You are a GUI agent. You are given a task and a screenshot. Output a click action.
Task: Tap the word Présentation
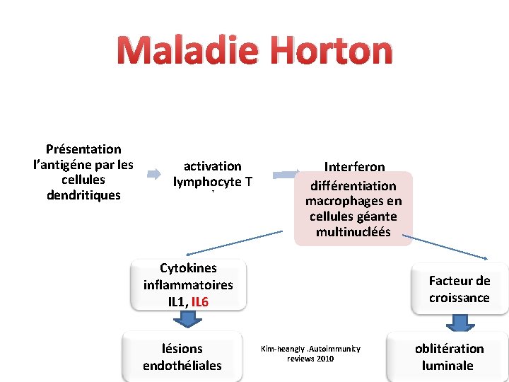click(83, 149)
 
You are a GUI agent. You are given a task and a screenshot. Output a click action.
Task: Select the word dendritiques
click(83, 195)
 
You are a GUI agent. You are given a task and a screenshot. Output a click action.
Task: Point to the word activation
click(212, 166)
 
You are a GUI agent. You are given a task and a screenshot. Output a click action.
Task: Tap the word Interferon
click(354, 167)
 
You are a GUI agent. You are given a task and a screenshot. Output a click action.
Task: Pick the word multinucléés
click(353, 232)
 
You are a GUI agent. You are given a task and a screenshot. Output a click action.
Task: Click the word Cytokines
click(188, 268)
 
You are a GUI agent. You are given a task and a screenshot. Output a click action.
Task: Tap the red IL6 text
click(200, 302)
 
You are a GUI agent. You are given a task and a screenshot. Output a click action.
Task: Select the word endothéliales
click(182, 366)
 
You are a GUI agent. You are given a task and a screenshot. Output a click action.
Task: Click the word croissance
click(459, 298)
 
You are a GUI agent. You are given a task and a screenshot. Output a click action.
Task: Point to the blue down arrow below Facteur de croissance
click(460, 323)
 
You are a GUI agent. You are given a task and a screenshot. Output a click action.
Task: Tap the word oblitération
click(449, 349)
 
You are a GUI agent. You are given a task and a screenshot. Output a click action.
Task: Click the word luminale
click(447, 366)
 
